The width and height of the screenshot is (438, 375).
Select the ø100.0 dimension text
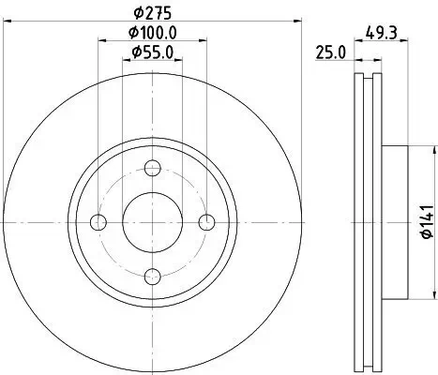point(154,33)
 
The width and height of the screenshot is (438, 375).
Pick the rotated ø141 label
point(423,223)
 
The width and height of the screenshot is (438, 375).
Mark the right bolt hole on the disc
point(207,222)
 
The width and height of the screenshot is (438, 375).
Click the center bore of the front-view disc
point(154,222)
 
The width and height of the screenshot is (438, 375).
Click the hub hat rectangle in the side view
point(396,222)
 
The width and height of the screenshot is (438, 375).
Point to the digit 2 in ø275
point(148,13)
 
